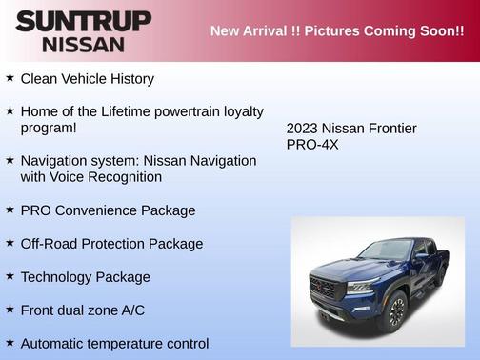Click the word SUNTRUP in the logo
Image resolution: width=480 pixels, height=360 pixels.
(84, 21)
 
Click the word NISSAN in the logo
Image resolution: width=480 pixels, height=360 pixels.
(84, 44)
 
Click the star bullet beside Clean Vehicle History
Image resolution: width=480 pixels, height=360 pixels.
(10, 77)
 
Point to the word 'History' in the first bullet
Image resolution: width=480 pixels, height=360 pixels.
(130, 78)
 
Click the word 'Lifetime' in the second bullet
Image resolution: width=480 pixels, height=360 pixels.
(130, 111)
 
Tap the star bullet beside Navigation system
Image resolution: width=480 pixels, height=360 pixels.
(10, 160)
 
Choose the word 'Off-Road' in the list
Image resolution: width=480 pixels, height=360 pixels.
(51, 244)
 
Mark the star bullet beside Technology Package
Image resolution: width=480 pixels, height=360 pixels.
(10, 276)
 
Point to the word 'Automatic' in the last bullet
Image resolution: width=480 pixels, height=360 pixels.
(53, 343)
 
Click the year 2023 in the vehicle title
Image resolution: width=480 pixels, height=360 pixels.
(304, 129)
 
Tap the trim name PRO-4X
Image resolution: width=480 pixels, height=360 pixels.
(312, 145)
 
